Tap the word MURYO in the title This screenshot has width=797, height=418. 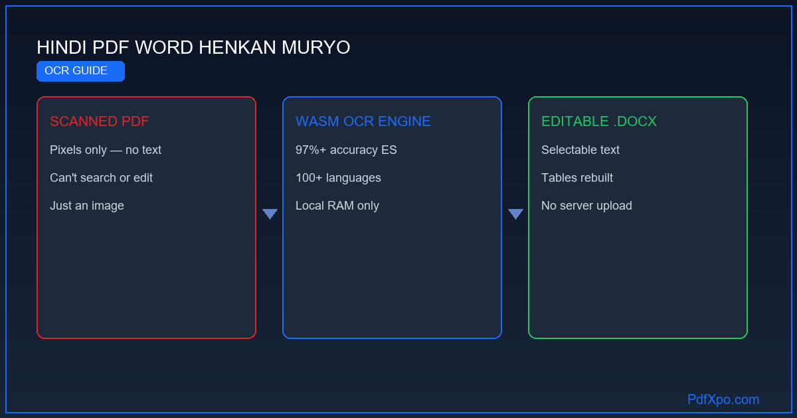(316, 48)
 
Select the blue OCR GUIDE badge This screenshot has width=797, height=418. (81, 71)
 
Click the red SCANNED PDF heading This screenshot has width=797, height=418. (99, 121)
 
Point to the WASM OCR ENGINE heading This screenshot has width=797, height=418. (363, 121)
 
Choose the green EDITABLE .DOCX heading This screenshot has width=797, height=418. (599, 121)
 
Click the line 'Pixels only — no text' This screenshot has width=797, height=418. (106, 150)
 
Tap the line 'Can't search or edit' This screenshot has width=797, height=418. (102, 178)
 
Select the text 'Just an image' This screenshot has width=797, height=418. (87, 206)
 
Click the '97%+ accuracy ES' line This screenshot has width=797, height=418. (346, 150)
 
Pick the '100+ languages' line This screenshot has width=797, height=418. (338, 178)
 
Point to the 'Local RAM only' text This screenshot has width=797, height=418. (337, 206)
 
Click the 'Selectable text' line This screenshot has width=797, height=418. (580, 150)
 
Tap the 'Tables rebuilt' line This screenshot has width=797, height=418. (577, 178)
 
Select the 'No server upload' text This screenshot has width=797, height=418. (586, 206)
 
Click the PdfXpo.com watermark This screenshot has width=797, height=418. (723, 399)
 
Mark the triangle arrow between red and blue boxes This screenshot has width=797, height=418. (270, 213)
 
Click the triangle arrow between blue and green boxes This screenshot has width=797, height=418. (515, 213)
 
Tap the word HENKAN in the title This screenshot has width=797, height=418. (237, 48)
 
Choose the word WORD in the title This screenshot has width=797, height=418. (164, 48)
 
